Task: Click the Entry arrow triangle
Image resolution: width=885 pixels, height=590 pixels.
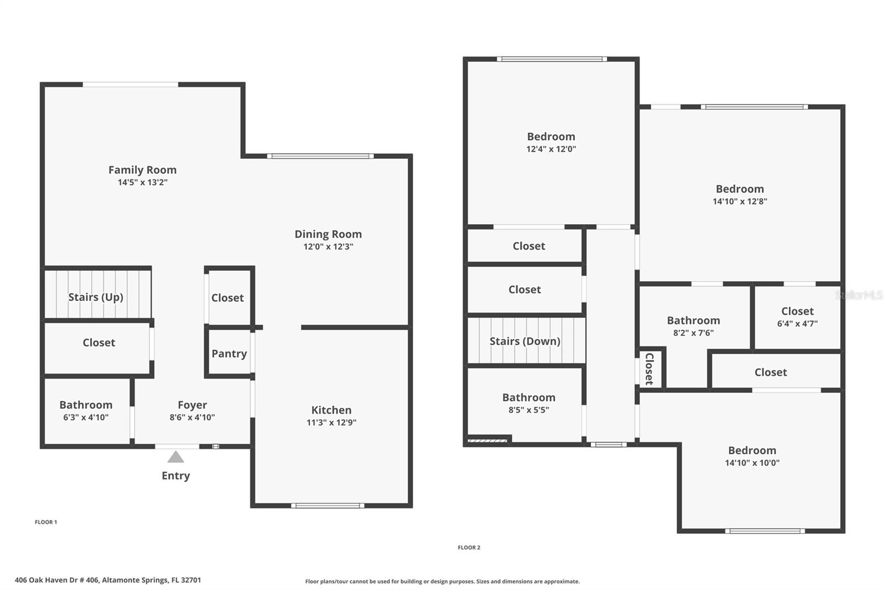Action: point(175,457)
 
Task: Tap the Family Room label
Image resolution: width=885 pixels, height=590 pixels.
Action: point(142,170)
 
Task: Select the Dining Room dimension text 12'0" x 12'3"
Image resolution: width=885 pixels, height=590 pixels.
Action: point(328,247)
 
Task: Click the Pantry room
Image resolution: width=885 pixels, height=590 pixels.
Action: point(229,354)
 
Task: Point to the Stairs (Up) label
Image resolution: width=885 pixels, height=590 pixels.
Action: point(96,297)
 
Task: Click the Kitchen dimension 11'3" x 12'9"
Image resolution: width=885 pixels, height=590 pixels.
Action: point(331,423)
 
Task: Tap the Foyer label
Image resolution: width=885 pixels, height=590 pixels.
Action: point(192,405)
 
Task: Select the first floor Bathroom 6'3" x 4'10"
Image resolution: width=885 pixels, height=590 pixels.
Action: point(86,410)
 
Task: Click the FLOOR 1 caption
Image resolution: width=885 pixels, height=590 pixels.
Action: point(46,522)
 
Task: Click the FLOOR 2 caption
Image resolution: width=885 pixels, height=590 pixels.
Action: point(469,547)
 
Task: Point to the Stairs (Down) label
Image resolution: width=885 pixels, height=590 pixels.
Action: point(525,341)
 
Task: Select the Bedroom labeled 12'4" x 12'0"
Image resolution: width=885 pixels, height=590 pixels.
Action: point(551,142)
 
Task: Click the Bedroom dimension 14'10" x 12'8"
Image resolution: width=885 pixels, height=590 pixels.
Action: point(740,201)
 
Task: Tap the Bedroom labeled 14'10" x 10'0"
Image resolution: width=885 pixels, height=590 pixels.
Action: point(752,456)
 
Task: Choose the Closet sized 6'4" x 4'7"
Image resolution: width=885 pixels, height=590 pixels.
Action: point(797,317)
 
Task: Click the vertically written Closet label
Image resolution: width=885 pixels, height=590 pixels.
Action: point(649,369)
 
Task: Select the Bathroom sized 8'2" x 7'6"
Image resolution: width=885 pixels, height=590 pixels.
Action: point(693,326)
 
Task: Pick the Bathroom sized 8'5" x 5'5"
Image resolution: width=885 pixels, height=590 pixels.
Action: point(529,403)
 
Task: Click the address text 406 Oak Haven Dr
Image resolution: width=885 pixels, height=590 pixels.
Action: point(108,580)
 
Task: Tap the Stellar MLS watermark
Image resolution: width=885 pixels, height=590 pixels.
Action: point(858,295)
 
